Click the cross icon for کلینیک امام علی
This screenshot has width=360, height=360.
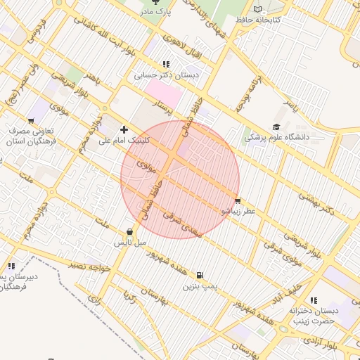pos(124,129)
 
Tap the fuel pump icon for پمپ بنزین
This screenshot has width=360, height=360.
pos(200,276)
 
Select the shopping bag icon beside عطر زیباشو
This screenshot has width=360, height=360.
pos(238,200)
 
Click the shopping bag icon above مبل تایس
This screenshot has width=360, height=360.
pos(130,231)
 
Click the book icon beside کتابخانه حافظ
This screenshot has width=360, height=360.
pos(258,9)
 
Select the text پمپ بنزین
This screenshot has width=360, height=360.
pos(198,287)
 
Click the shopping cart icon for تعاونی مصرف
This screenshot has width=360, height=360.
pos(31,120)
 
